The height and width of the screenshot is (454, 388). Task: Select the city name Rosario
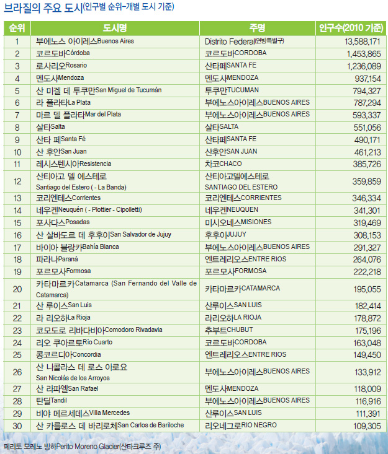click(61, 66)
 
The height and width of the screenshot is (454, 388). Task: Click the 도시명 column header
click(115, 28)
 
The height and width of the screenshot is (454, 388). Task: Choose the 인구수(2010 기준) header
click(351, 28)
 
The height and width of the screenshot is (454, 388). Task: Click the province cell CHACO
click(223, 164)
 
